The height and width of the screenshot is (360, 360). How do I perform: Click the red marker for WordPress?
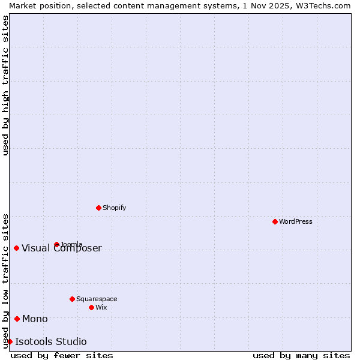(x=275, y=221)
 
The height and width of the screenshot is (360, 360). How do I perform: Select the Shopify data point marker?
(x=98, y=208)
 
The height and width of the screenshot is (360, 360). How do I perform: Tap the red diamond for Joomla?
(x=56, y=244)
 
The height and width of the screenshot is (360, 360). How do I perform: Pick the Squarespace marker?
(x=72, y=299)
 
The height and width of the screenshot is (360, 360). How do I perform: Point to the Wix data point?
(x=91, y=307)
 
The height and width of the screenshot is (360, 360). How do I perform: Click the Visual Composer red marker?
(x=16, y=248)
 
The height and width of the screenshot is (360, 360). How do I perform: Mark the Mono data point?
(x=17, y=319)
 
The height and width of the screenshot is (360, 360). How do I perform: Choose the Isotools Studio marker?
(x=10, y=341)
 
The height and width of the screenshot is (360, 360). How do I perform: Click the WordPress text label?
(x=296, y=221)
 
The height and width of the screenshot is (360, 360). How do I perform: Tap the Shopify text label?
(x=114, y=208)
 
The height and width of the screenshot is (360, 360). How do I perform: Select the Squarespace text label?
(x=97, y=299)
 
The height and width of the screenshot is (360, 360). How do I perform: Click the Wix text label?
(x=101, y=307)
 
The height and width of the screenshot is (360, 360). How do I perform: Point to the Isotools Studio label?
(x=51, y=342)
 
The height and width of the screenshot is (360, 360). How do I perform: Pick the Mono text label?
(x=35, y=319)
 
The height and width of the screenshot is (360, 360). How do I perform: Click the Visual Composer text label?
(x=62, y=248)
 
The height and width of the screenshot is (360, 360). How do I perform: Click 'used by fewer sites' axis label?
(x=62, y=355)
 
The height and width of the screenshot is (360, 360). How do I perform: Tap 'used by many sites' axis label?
(x=301, y=355)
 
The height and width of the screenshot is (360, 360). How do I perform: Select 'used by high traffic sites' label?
(x=5, y=85)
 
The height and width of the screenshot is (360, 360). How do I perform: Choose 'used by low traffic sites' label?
(x=5, y=281)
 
